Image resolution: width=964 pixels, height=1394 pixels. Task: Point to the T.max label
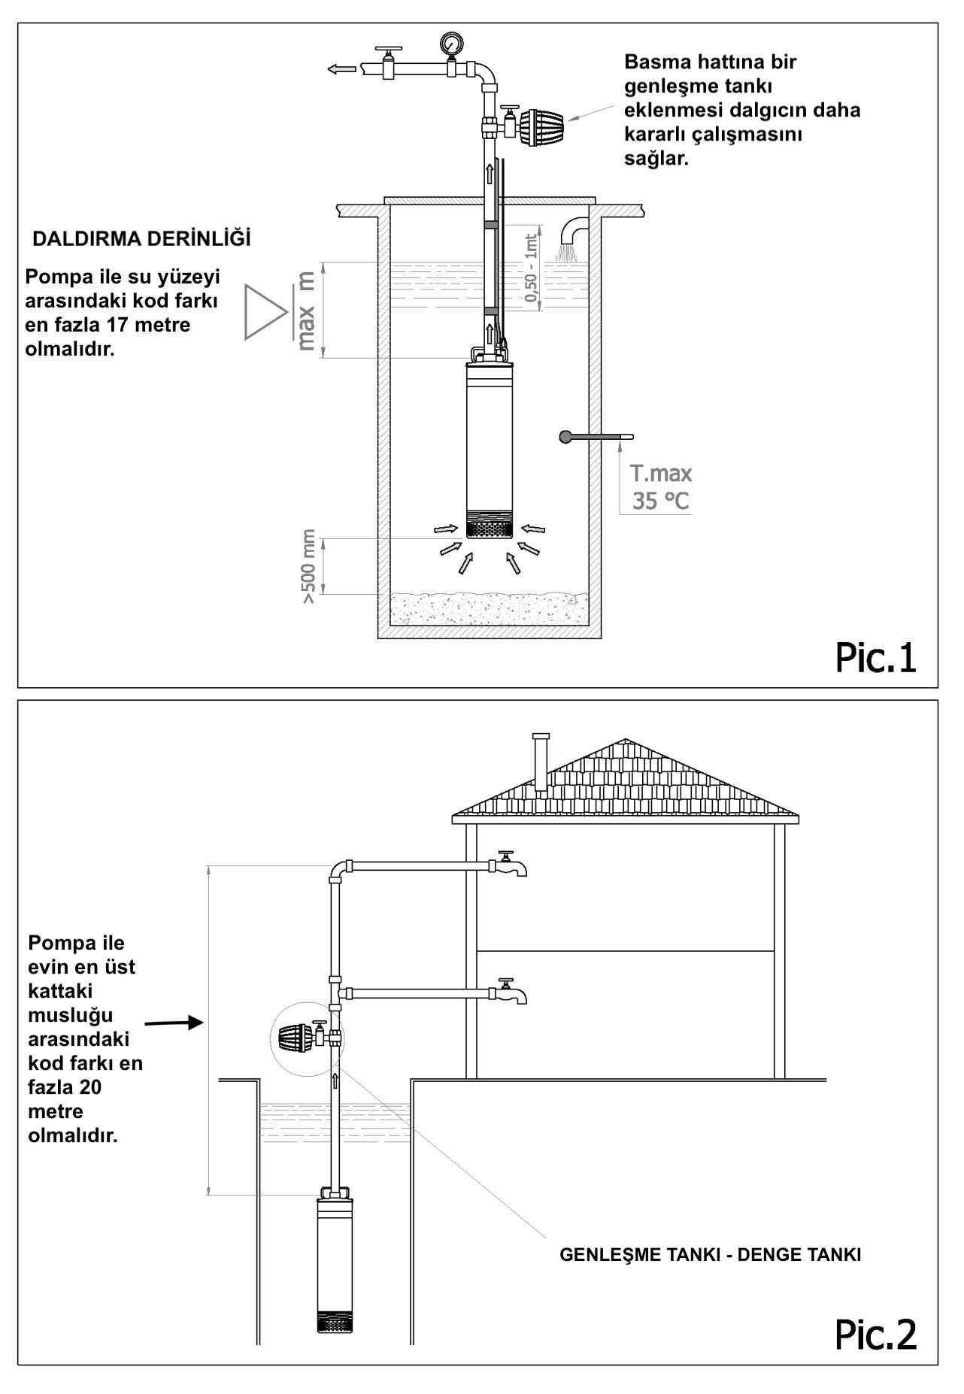tap(661, 474)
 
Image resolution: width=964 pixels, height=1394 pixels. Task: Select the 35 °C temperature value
tap(660, 501)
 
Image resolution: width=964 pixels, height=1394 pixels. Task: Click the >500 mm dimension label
tap(309, 573)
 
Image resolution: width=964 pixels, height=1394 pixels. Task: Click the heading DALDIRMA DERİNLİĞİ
tap(141, 239)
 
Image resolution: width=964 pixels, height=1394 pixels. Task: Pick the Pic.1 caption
tap(876, 657)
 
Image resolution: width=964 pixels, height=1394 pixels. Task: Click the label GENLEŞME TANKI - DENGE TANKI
tap(710, 1255)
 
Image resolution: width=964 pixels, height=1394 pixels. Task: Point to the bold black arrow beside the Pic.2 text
tap(174, 1023)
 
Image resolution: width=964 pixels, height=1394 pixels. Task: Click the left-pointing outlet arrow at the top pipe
tap(341, 69)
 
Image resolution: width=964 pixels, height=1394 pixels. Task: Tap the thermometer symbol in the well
tap(596, 436)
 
